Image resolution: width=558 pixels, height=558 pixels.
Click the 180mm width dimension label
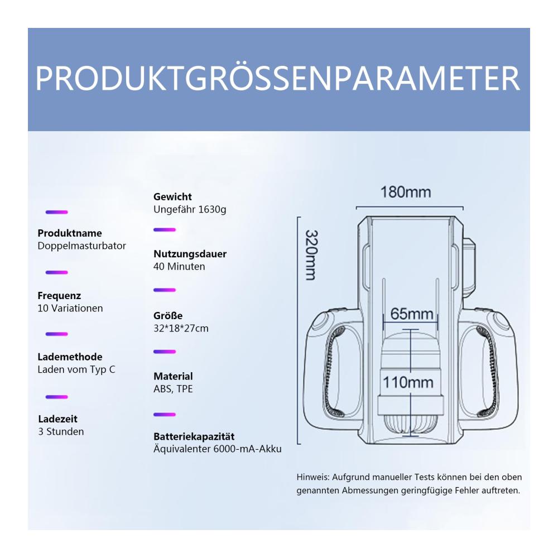[x=406, y=192]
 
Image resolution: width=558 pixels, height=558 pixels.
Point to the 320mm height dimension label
[x=311, y=255]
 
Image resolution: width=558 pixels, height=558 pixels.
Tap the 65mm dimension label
[x=412, y=314]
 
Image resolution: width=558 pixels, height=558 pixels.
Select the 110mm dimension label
[x=408, y=383]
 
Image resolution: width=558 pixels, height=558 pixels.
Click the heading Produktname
[x=70, y=233]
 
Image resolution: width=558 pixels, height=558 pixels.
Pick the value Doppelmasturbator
[x=82, y=246]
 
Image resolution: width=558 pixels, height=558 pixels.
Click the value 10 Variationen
[x=70, y=308]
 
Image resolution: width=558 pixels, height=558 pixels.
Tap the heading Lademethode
[x=70, y=357]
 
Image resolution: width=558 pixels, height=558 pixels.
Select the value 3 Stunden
[x=61, y=432]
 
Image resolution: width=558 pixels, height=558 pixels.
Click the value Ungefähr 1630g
[x=190, y=209]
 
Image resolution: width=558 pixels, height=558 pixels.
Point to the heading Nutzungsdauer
[x=190, y=254]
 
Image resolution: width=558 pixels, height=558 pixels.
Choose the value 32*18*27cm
[x=181, y=328]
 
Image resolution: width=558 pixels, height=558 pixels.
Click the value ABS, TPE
[x=173, y=388]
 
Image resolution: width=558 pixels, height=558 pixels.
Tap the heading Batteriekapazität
[x=194, y=436]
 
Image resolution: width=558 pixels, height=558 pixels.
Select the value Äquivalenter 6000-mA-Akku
[x=218, y=449]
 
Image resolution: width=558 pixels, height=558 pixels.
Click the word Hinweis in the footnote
[x=313, y=477]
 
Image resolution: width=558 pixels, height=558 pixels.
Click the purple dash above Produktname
[x=56, y=212]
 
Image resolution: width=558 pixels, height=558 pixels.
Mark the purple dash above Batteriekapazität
[x=165, y=415]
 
